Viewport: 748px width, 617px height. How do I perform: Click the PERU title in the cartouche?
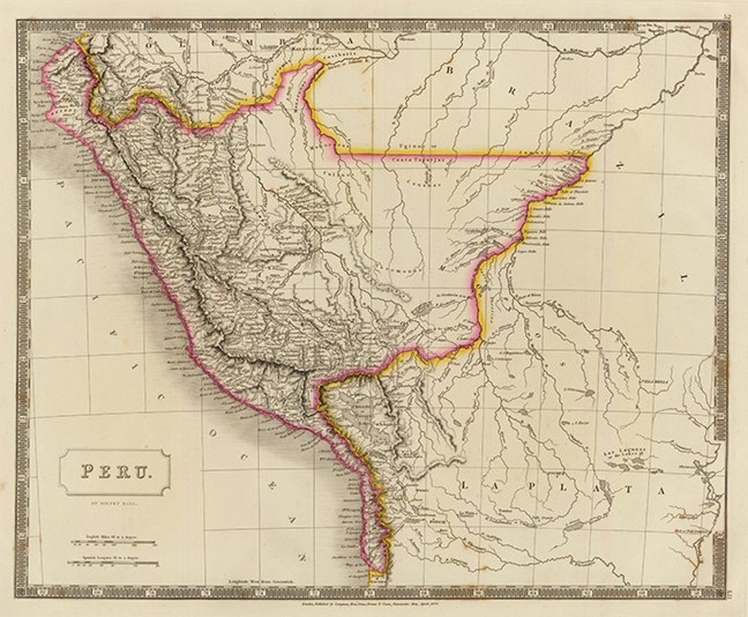[114, 471]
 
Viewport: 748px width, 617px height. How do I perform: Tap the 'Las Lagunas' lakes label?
[627, 452]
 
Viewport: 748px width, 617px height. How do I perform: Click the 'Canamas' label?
[416, 184]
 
